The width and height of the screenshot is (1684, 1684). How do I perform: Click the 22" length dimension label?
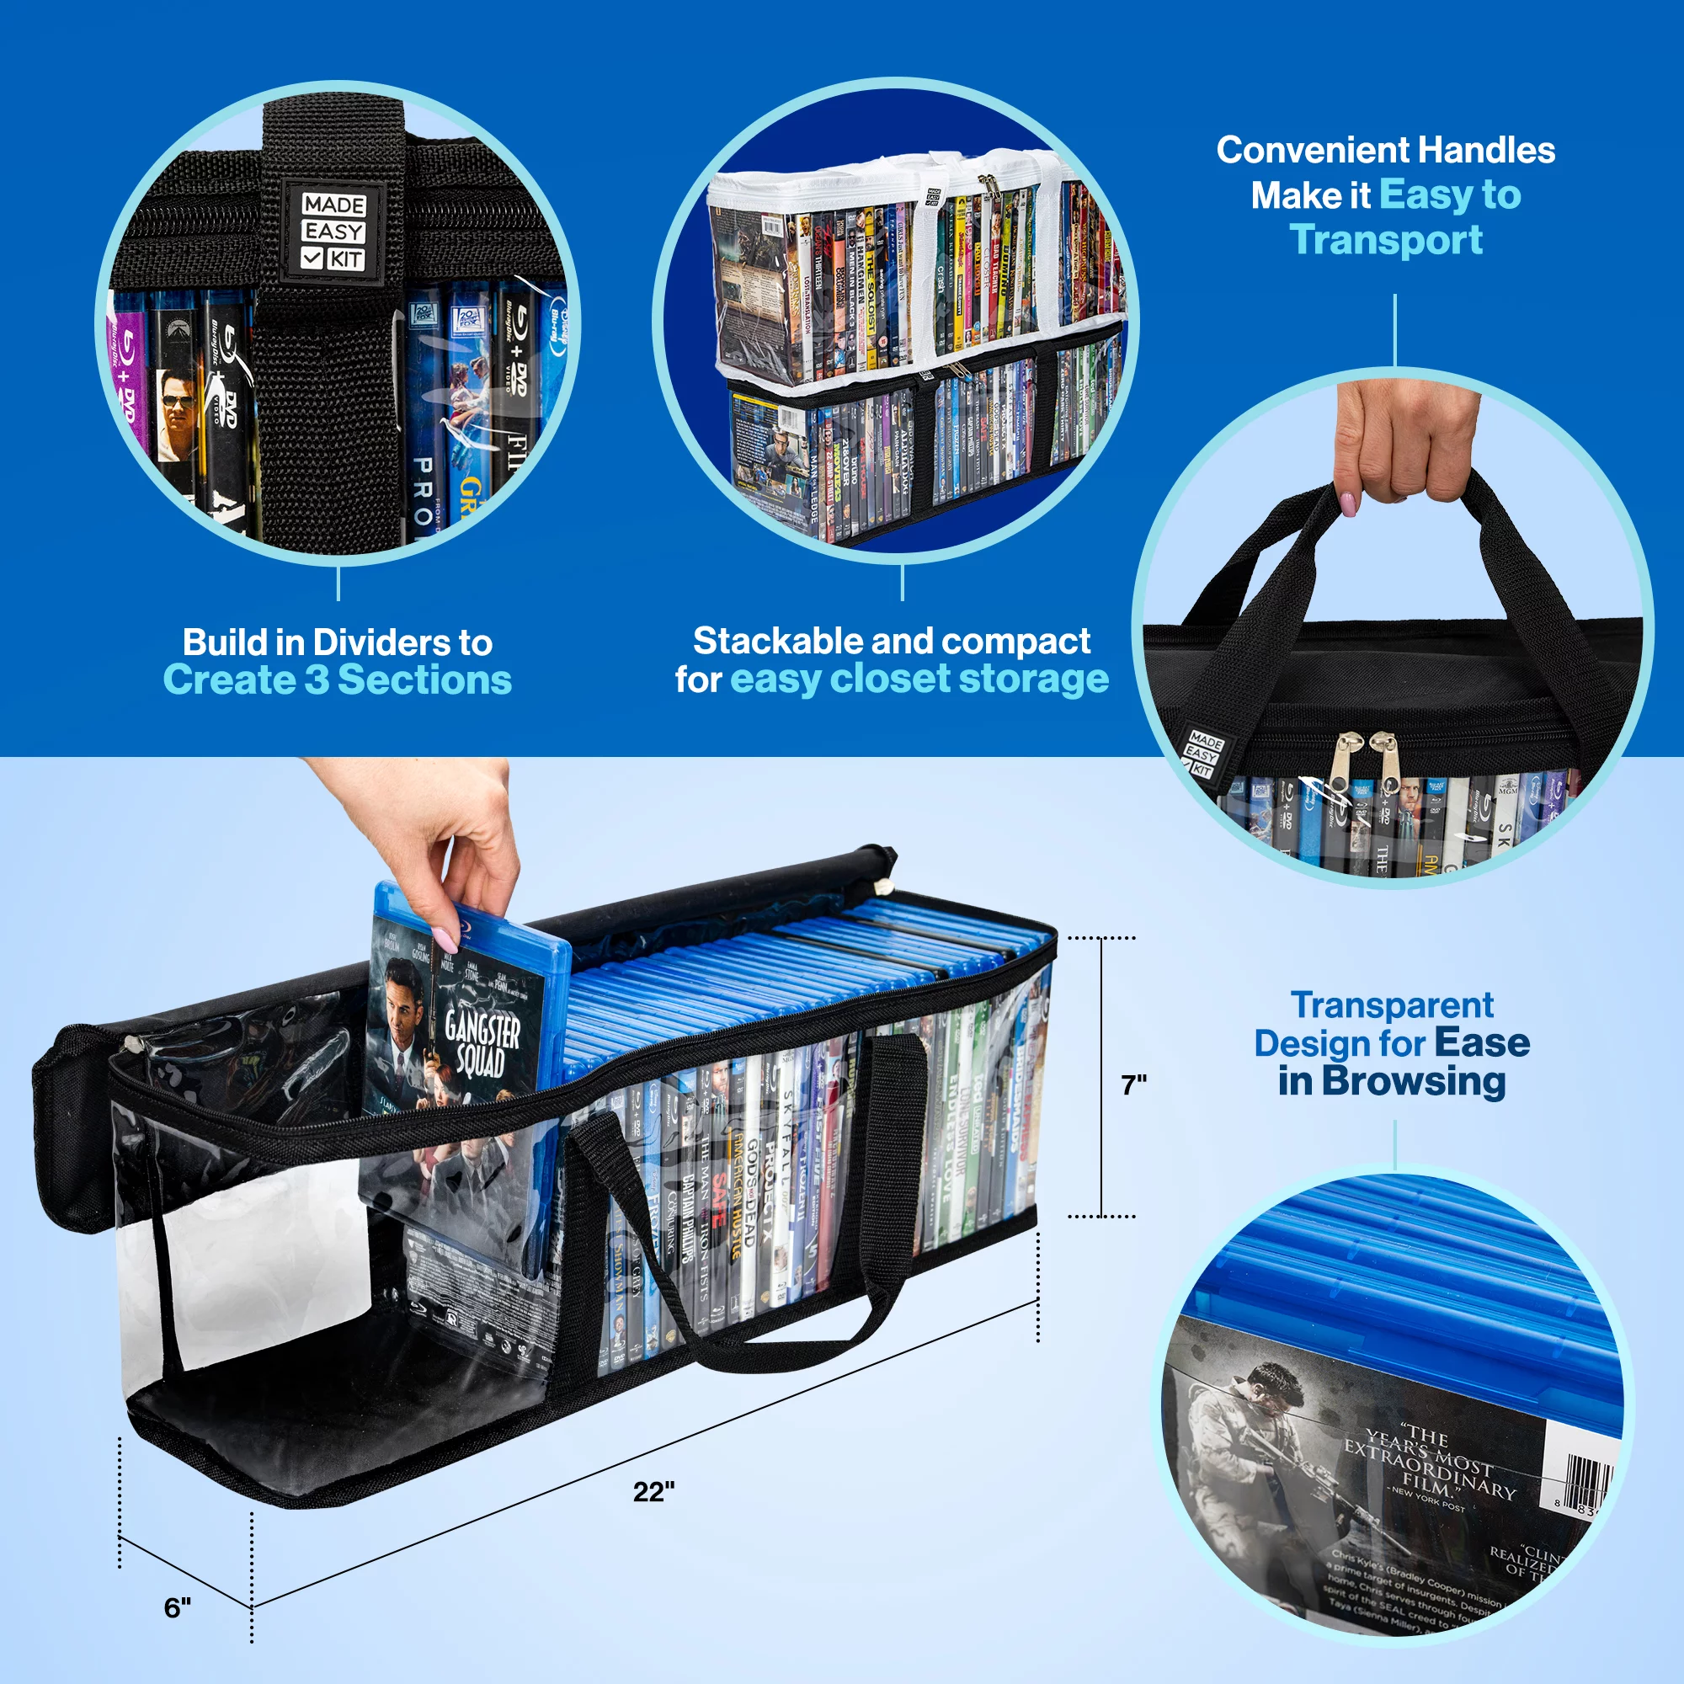pos(653,1491)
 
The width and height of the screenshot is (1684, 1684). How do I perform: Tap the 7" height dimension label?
pos(1133,1085)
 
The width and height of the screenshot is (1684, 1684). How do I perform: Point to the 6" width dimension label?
pos(177,1607)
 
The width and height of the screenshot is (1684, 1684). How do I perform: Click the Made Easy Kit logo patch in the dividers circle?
pos(332,232)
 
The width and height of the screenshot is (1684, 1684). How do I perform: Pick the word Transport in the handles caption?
pos(1385,241)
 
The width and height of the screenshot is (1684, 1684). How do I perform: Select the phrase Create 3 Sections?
pos(338,680)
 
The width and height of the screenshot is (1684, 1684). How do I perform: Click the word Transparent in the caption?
pos(1392,1005)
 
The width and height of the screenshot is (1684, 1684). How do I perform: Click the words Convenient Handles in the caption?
pos(1385,150)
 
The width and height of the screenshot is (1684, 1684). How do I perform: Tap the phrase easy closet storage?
pos(919,679)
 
